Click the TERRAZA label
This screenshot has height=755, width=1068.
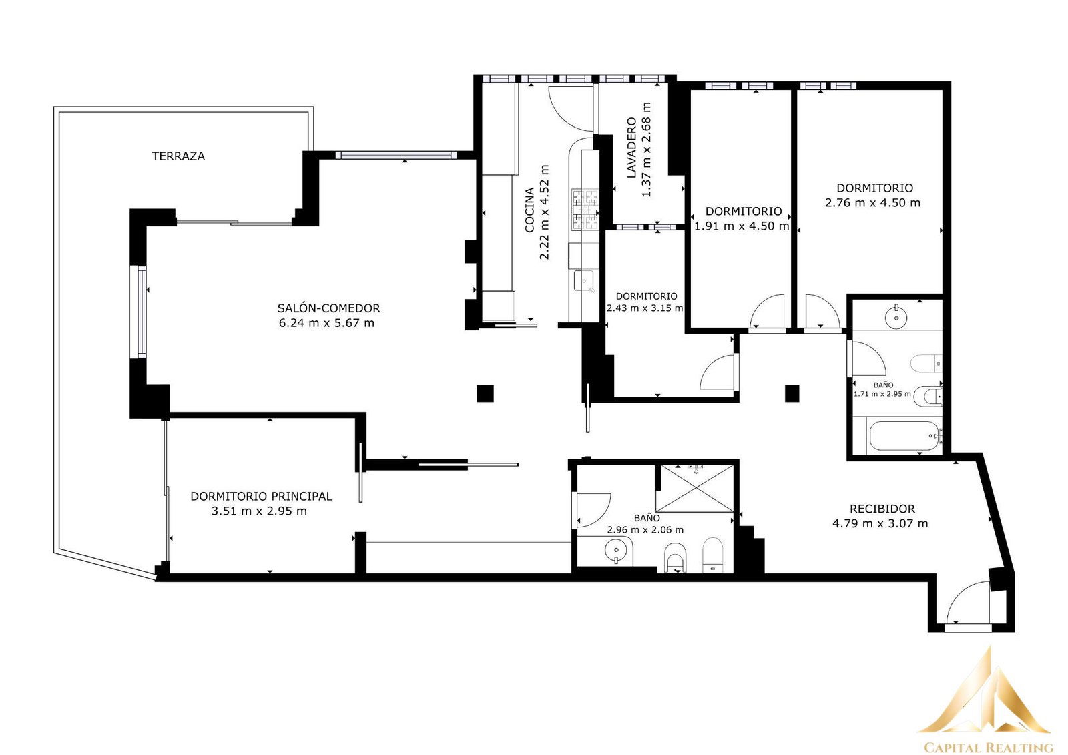178,156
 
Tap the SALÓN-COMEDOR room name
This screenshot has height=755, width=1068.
329,308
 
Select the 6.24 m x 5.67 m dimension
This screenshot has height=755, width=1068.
326,323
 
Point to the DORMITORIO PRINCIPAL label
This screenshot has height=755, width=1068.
261,497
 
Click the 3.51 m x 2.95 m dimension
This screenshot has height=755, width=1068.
260,511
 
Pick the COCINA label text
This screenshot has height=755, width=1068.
529,210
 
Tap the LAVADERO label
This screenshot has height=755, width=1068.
631,148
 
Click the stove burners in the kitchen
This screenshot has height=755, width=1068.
585,210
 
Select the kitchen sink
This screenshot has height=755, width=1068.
583,281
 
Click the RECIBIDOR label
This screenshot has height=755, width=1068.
882,509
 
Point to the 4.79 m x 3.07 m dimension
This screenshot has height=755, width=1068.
880,523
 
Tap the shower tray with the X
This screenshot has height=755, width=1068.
695,489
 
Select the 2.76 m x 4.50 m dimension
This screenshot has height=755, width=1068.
872,203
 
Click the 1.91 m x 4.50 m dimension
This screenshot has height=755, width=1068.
742,226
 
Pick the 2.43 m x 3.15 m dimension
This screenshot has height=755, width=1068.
645,308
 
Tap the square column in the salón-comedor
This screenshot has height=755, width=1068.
485,393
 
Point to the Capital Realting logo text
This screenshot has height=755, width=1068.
989,746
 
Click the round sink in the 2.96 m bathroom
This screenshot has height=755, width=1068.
615,550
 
